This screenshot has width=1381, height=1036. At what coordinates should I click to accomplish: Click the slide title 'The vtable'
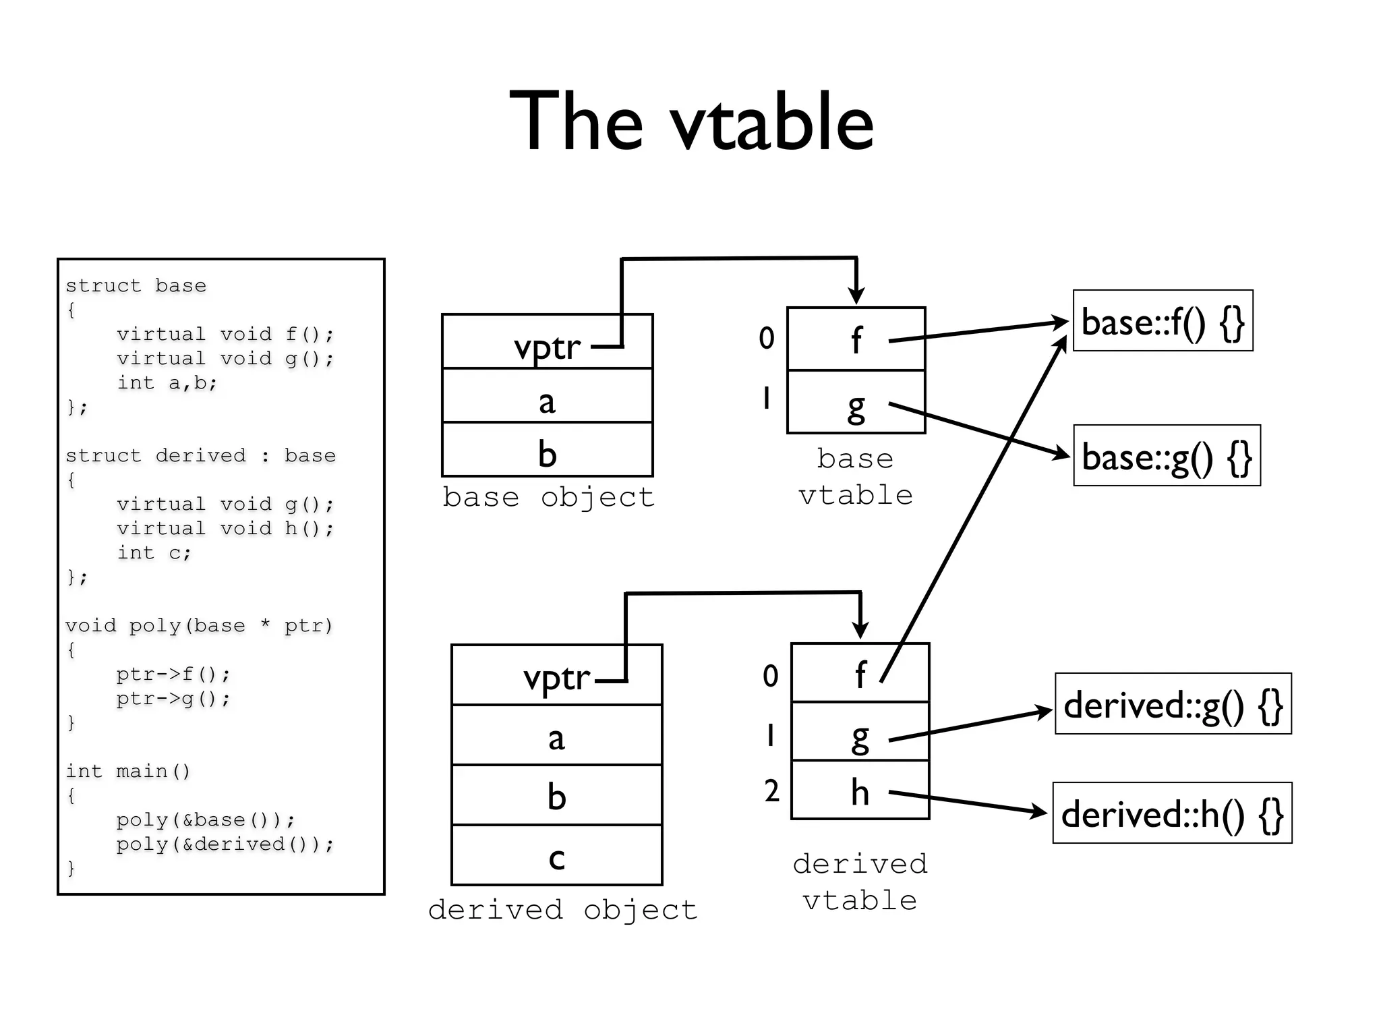coord(691,121)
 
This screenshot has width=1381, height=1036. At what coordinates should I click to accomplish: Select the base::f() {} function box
coord(1163,321)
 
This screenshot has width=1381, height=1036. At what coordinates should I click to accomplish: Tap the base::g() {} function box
coord(1167,456)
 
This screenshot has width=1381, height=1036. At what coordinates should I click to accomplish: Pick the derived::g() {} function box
coord(1173,704)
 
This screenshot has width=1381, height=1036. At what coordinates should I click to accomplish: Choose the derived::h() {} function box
coord(1172,813)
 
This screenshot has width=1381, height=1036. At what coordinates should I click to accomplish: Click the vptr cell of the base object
coord(547,343)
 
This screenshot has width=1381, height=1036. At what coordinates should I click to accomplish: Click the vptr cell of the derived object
coord(556,676)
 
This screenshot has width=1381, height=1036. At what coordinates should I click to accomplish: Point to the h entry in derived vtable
coord(860,790)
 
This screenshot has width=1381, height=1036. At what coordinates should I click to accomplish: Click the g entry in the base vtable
coord(856,403)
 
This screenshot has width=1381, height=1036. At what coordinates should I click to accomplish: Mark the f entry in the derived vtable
coord(860,673)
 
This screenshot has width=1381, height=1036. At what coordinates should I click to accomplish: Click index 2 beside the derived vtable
coord(771,790)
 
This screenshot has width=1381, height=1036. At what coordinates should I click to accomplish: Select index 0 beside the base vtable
coord(767,338)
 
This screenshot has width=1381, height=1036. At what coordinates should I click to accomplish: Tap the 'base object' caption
coord(548,497)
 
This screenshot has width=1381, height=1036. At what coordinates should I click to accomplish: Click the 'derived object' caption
coord(562,910)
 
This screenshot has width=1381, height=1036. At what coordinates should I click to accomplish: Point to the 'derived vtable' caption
coord(860,882)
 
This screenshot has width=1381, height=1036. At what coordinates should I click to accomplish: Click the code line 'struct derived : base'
coord(200,455)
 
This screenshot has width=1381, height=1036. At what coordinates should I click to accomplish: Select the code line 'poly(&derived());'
coord(225,844)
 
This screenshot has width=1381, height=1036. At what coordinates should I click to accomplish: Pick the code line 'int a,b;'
coord(167,382)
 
